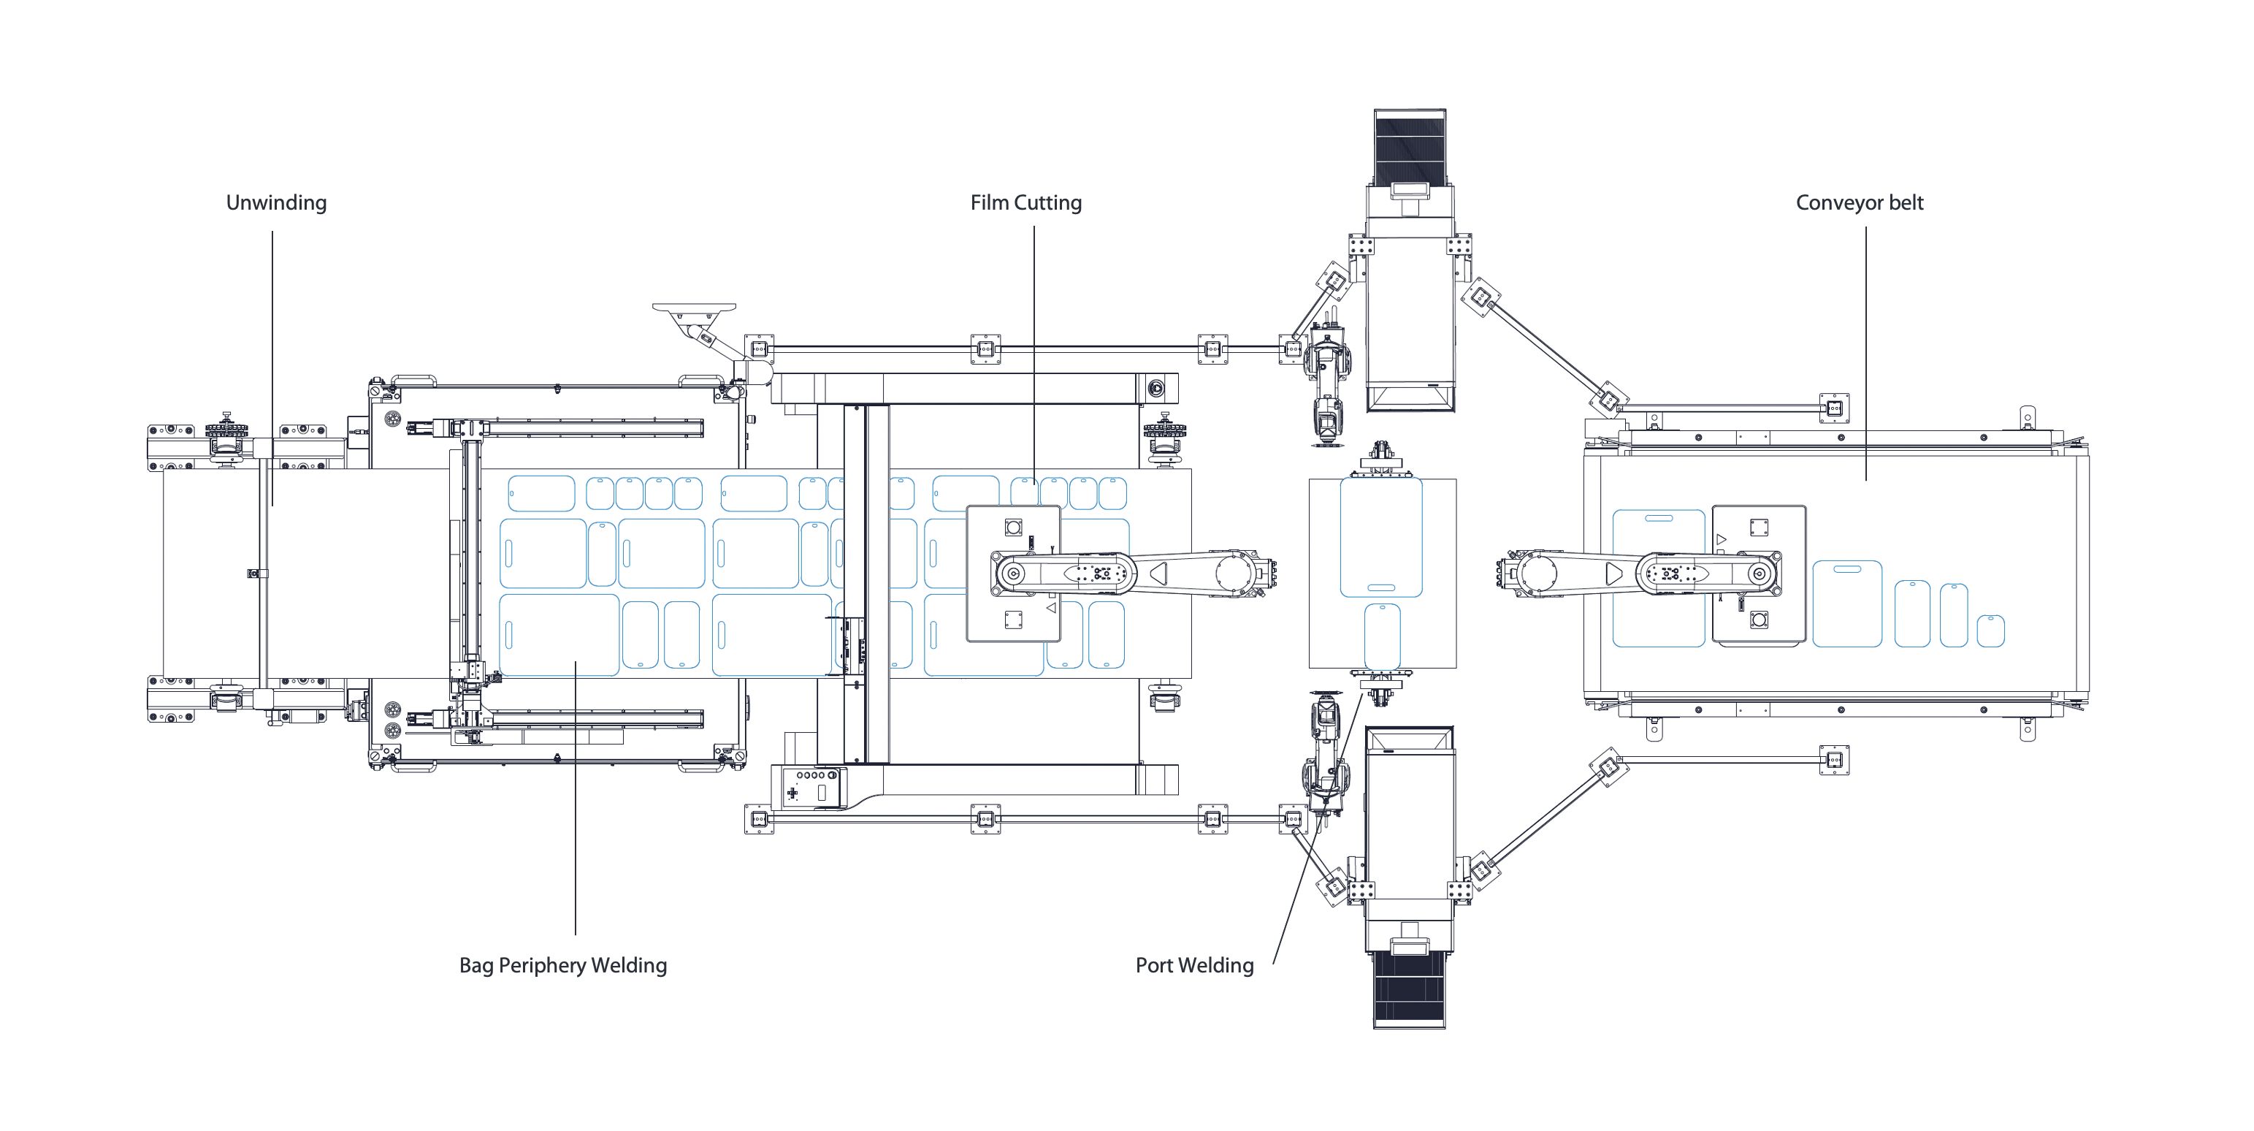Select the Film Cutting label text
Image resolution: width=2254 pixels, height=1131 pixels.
tap(1025, 203)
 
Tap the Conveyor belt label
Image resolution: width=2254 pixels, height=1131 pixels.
tap(1860, 203)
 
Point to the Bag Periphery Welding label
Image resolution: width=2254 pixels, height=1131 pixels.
tap(562, 966)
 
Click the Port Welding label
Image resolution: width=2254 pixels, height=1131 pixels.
tap(1194, 966)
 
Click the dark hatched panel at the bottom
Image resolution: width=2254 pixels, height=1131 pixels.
tap(1410, 989)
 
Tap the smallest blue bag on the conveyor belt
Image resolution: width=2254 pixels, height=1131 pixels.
tap(1990, 631)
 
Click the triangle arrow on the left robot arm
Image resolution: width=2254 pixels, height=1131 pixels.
tap(1158, 574)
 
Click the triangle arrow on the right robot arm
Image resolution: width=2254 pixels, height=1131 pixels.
tap(1614, 574)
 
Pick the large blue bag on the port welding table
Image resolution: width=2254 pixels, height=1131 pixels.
tap(1380, 536)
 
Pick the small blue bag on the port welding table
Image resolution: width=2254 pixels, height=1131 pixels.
tap(1382, 635)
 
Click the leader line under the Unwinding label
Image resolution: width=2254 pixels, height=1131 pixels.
tap(272, 368)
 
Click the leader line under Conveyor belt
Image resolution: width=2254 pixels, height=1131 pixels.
tap(1865, 350)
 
